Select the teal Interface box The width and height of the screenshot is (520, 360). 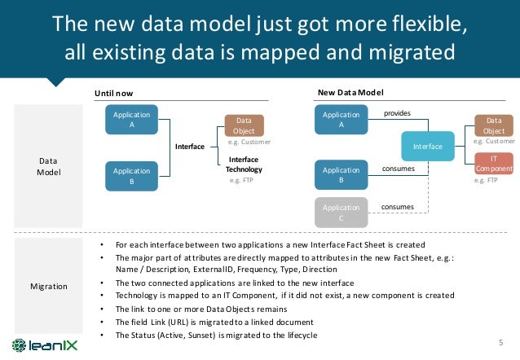428,147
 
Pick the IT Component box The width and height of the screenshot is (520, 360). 494,164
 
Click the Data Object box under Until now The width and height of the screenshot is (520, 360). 243,125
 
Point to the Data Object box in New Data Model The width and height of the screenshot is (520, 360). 494,125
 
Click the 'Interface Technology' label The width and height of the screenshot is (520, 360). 244,164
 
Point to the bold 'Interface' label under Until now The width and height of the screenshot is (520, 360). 189,147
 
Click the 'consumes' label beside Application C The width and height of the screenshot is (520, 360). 398,207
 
